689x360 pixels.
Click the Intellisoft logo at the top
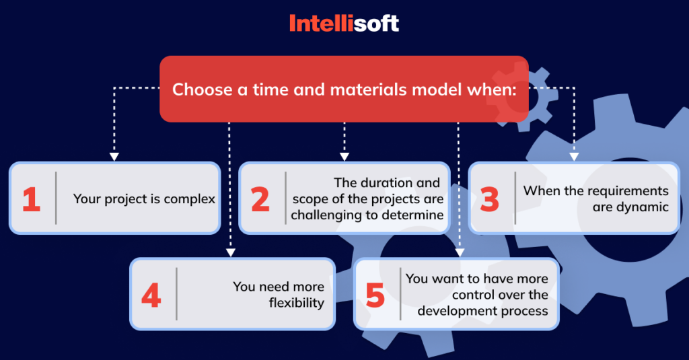pos(344,24)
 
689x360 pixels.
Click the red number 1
pos(31,200)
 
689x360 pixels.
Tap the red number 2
pos(260,200)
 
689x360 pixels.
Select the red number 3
pos(490,200)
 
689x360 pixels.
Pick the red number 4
pos(151,295)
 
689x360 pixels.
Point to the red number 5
pos(375,295)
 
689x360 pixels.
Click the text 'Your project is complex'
pos(144,199)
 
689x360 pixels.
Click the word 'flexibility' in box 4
pos(296,303)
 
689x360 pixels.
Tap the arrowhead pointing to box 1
pos(114,157)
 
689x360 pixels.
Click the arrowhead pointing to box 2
pos(344,157)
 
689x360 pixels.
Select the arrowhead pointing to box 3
pos(573,157)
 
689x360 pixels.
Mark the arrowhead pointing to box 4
pos(230,253)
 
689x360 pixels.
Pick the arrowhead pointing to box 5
pos(460,253)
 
